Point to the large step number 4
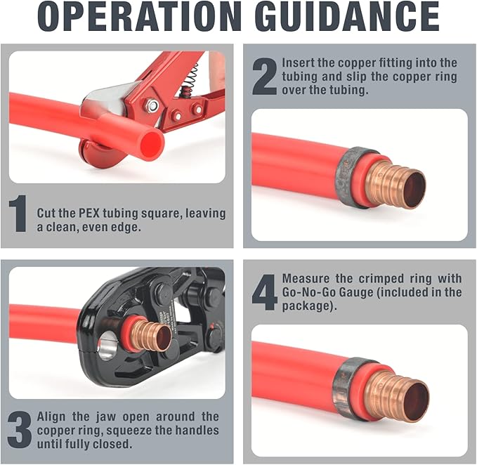[x=265, y=292]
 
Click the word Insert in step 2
[x=299, y=63]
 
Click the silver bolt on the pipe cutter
[x=152, y=106]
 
